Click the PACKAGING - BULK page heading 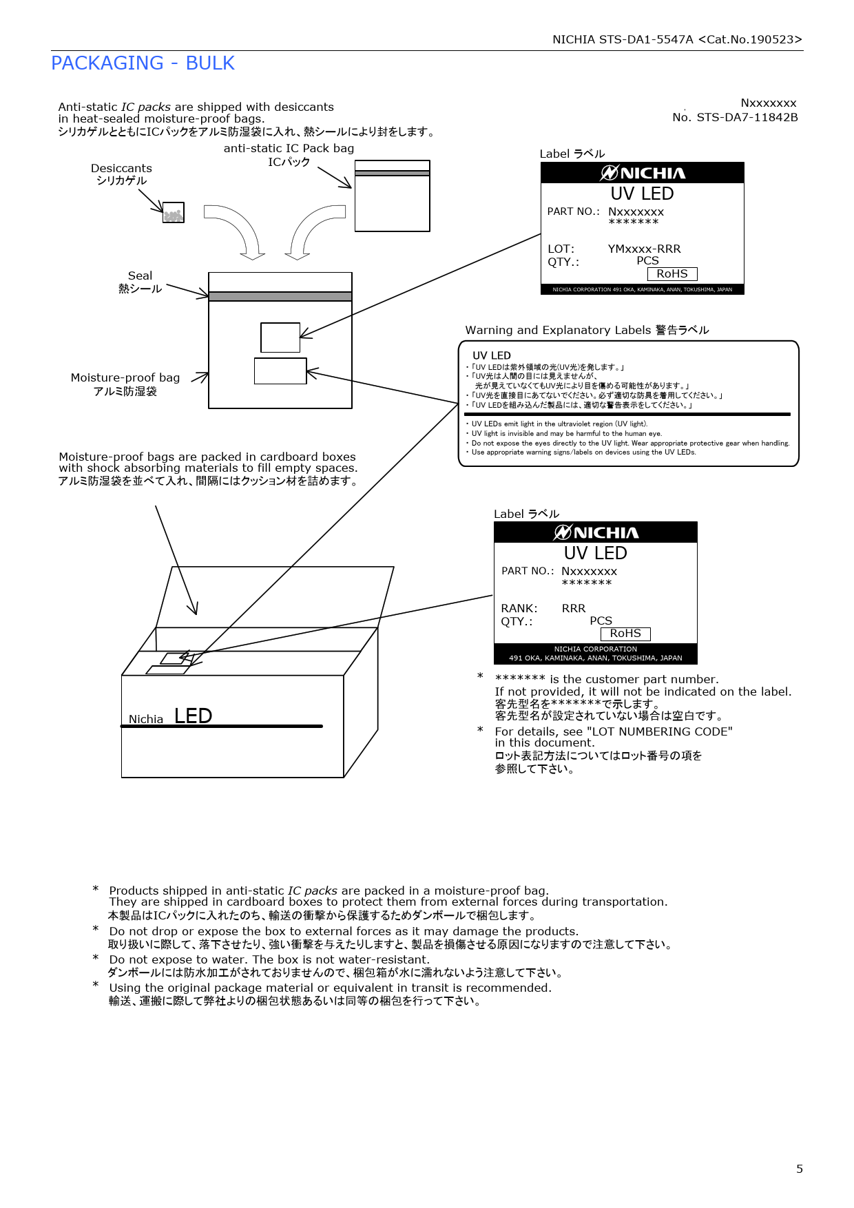[143, 63]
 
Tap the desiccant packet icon [173, 213]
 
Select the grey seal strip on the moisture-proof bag [280, 296]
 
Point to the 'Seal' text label [140, 275]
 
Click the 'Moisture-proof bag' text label [125, 377]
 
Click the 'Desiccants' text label [121, 168]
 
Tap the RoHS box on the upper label [672, 274]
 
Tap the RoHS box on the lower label [625, 634]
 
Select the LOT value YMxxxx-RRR [644, 249]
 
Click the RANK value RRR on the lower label [573, 608]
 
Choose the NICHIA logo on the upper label [643, 173]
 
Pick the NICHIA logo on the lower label [596, 532]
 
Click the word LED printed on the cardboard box [193, 716]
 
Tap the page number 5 [799, 1169]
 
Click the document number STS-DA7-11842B [747, 117]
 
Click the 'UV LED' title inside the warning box [492, 355]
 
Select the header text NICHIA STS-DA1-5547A [623, 39]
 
